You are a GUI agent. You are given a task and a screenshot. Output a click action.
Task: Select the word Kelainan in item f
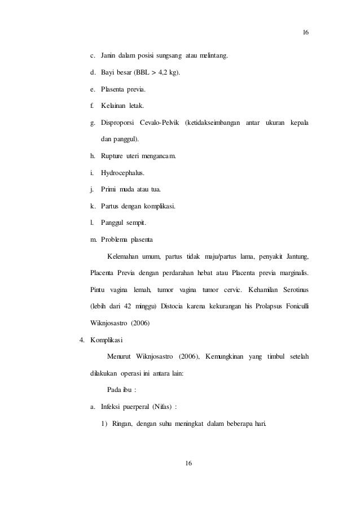tap(113, 106)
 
